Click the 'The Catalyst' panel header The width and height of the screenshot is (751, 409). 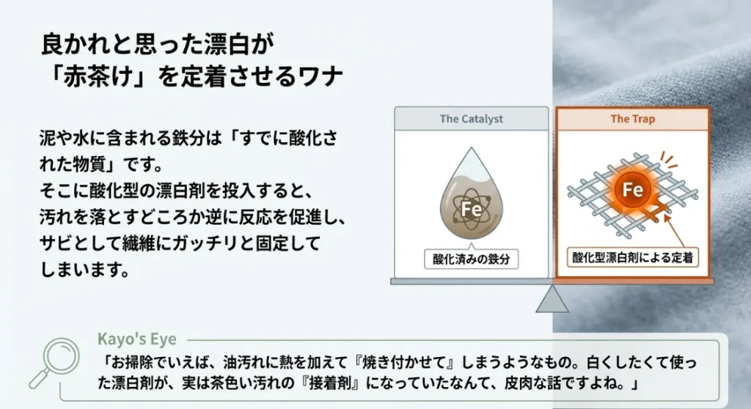tap(471, 119)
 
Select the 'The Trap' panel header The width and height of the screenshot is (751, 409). tap(632, 119)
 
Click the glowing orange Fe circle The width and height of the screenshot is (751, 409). tap(632, 190)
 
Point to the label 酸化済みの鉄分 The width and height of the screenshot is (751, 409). tap(472, 258)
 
